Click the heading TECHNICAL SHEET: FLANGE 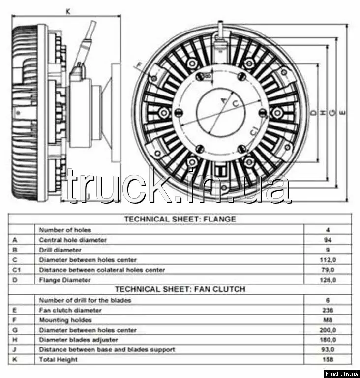click(x=186, y=219)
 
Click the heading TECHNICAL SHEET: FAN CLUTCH click(x=186, y=289)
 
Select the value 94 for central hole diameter click(x=328, y=240)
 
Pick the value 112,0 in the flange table click(x=328, y=259)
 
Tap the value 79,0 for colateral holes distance click(x=328, y=270)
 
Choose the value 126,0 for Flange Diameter click(x=328, y=280)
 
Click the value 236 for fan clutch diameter click(x=328, y=310)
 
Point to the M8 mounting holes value click(x=328, y=320)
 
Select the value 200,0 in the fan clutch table click(x=328, y=330)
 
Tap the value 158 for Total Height click(x=328, y=360)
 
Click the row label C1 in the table click(x=17, y=270)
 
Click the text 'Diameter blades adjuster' click(x=78, y=340)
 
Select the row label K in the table click(x=15, y=360)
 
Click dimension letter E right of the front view click(x=342, y=113)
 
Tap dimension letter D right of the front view click(x=313, y=113)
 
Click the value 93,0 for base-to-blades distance click(x=328, y=349)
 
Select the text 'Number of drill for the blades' click(x=85, y=300)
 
